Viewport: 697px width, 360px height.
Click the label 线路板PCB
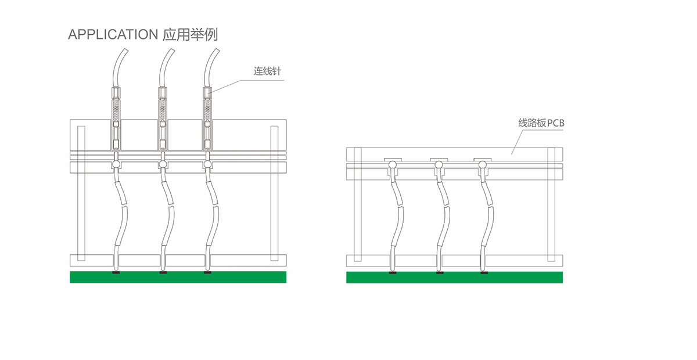pyautogui.click(x=541, y=123)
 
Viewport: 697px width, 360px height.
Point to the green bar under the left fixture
pyautogui.click(x=178, y=278)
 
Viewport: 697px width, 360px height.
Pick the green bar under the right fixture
pyautogui.click(x=454, y=278)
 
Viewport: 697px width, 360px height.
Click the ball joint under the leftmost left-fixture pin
pyautogui.click(x=116, y=165)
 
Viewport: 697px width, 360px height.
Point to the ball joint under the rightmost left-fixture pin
pyautogui.click(x=208, y=165)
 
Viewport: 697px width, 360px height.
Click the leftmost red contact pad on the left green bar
pyautogui.click(x=116, y=272)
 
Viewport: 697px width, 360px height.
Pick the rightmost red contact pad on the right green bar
pyautogui.click(x=484, y=272)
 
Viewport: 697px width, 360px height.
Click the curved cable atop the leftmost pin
pyautogui.click(x=120, y=67)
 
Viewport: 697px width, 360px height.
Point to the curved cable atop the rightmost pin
pyautogui.click(x=212, y=67)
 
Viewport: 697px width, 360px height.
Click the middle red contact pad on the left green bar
pyautogui.click(x=163, y=272)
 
